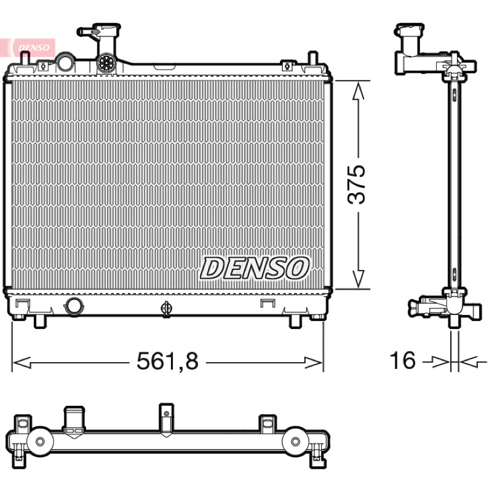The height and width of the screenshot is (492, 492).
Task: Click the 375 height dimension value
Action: click(x=357, y=184)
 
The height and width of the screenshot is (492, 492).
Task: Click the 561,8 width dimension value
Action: click(x=167, y=361)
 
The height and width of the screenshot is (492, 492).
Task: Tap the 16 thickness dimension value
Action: click(x=402, y=360)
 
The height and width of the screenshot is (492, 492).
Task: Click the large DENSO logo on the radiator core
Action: click(x=255, y=268)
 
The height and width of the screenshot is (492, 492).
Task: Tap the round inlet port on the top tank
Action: click(x=65, y=62)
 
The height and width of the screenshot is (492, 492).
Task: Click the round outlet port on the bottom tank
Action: click(x=74, y=306)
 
